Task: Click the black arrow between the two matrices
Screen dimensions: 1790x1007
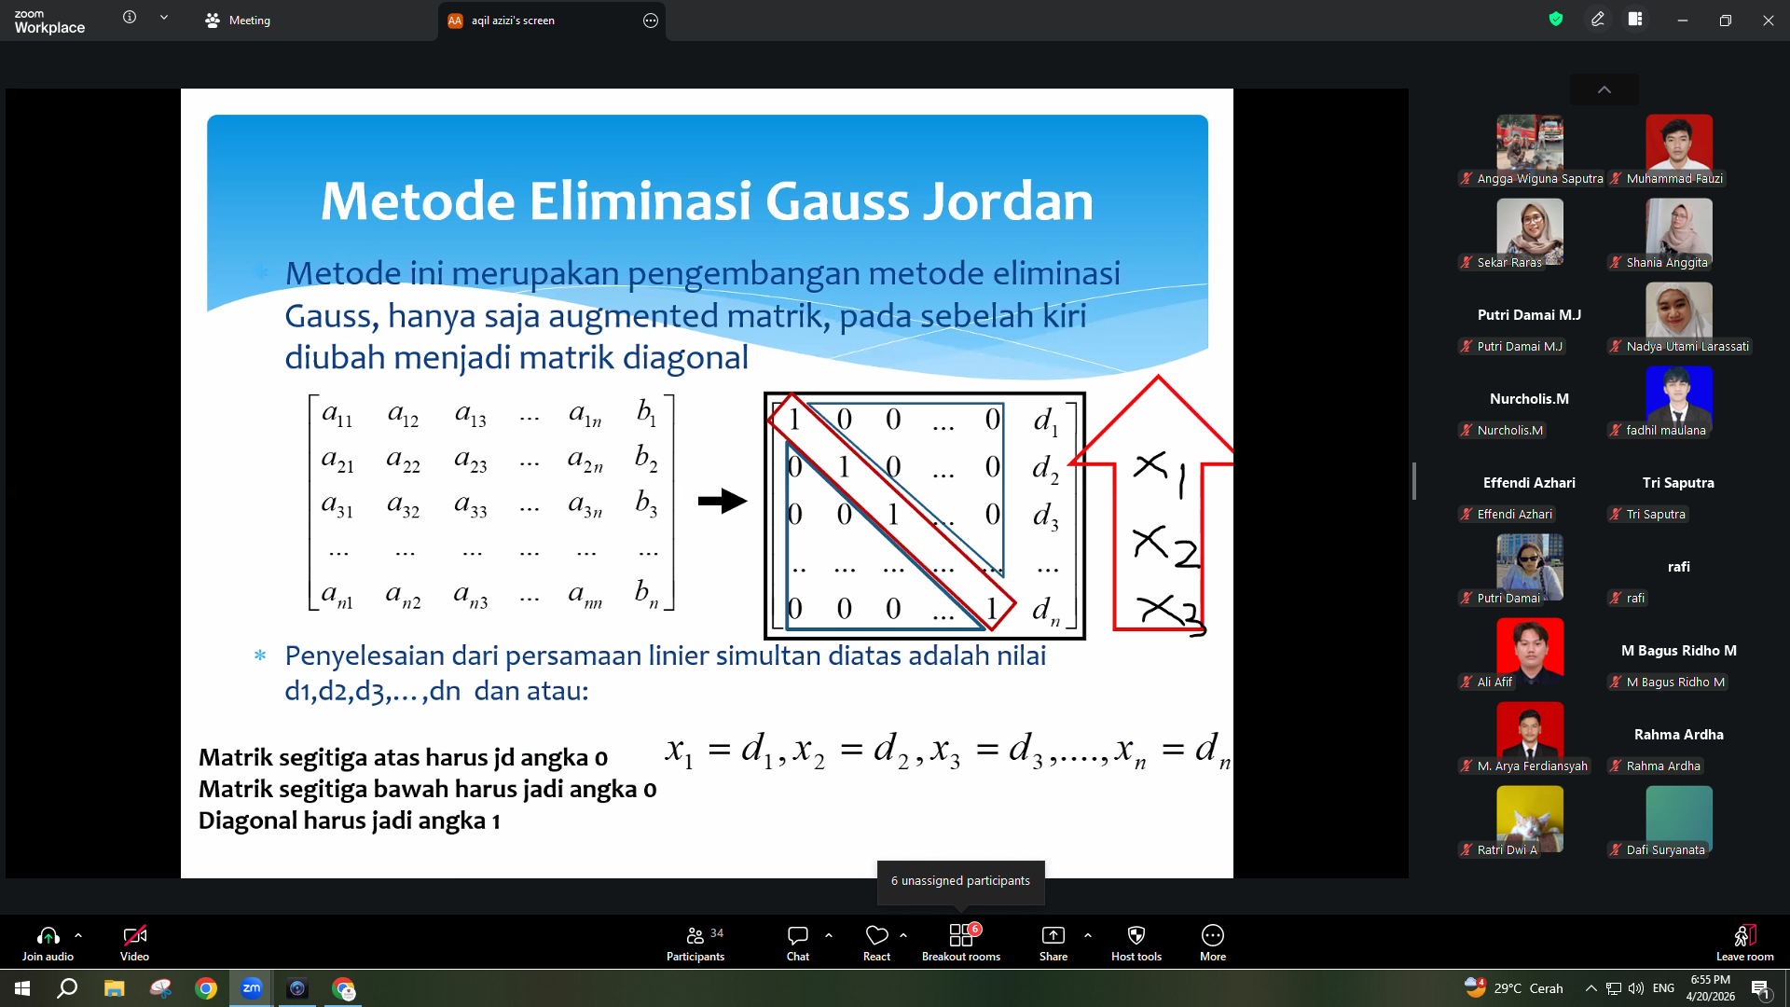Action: pyautogui.click(x=723, y=501)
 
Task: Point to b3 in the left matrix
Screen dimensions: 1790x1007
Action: pyautogui.click(x=646, y=504)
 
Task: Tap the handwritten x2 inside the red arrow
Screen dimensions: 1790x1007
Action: pyautogui.click(x=1165, y=546)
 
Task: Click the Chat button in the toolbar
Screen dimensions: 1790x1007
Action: pyautogui.click(x=798, y=943)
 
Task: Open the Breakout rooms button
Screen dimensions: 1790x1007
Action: pyautogui.click(x=961, y=943)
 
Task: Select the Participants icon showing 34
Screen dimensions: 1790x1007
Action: pyautogui.click(x=695, y=943)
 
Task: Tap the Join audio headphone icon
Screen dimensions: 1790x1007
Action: pyautogui.click(x=48, y=935)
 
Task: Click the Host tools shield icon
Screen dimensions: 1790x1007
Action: pyautogui.click(x=1136, y=935)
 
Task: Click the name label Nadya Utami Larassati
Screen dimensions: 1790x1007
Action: pyautogui.click(x=1687, y=346)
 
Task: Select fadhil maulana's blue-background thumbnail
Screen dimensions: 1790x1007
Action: pyautogui.click(x=1679, y=395)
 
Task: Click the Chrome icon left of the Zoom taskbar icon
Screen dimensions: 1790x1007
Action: pyautogui.click(x=206, y=988)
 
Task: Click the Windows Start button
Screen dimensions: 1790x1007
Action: pyautogui.click(x=22, y=988)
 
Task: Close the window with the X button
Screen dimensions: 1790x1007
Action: pyautogui.click(x=1768, y=21)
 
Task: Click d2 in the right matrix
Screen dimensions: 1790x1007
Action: pyautogui.click(x=1045, y=468)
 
